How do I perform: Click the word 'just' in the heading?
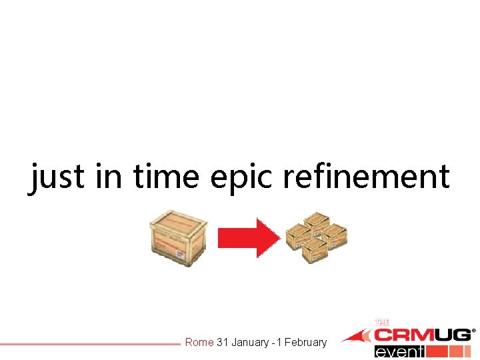tap(56, 177)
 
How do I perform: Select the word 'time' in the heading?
tap(166, 177)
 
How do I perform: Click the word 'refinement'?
tap(366, 177)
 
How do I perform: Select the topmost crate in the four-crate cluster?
tap(317, 222)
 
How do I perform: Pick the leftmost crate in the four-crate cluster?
tap(298, 235)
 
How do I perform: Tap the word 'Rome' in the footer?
tap(199, 343)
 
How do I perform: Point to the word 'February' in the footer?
tap(306, 343)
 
